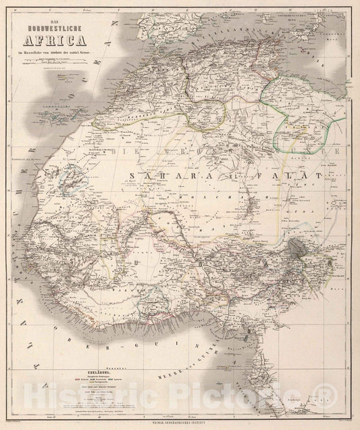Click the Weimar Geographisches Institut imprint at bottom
click(180, 424)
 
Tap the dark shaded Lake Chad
click(297, 248)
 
